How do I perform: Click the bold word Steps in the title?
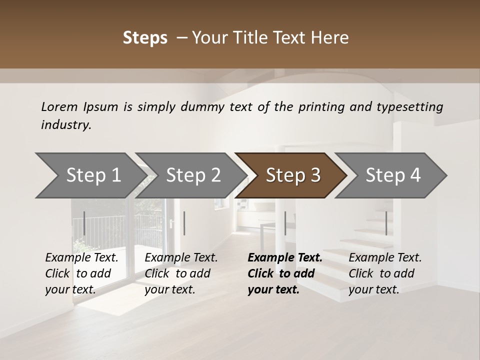click(145, 38)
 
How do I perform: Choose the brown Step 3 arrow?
click(293, 175)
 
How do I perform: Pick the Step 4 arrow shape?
click(393, 175)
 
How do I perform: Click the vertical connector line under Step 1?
click(84, 223)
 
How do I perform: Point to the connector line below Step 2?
click(184, 223)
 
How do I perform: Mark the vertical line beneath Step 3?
click(285, 223)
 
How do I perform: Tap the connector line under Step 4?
click(386, 223)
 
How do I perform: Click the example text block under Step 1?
click(82, 273)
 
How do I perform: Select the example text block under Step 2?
click(181, 273)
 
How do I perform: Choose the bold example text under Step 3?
click(285, 273)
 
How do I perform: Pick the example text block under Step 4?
click(385, 273)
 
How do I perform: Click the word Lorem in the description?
click(59, 107)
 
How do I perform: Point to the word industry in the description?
click(65, 125)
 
